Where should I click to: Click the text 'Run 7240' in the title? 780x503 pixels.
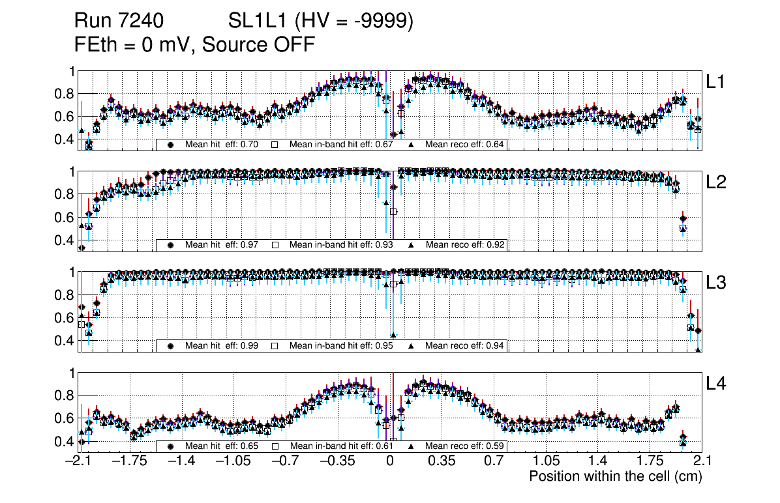pos(118,22)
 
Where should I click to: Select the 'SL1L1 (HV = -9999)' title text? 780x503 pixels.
pos(321,22)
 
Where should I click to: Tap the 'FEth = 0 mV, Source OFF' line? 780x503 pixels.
pos(195,44)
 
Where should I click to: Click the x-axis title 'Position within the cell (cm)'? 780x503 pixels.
pos(615,476)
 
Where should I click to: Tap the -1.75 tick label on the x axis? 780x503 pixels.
pos(130,461)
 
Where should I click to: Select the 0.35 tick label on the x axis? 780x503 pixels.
pos(442,461)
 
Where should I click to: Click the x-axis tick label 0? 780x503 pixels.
pos(390,461)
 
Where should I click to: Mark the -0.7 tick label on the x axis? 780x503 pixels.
pos(286,461)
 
